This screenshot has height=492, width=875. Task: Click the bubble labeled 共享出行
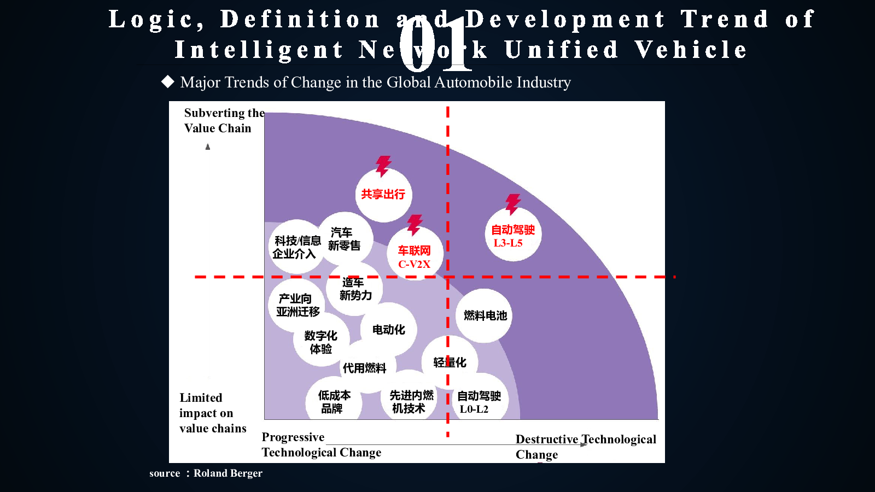383,195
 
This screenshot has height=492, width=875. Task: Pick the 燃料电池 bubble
485,315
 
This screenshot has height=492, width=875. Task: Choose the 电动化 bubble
388,330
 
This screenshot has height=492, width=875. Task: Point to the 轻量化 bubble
450,362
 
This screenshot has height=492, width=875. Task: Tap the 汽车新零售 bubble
345,239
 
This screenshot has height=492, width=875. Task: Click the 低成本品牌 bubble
334,402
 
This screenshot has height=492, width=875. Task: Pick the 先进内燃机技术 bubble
410,402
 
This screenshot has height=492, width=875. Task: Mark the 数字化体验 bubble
320,342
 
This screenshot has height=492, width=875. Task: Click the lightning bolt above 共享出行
383,166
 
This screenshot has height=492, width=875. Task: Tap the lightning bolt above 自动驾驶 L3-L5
513,204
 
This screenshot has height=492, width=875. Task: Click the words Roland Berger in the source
228,473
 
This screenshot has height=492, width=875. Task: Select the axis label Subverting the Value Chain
224,120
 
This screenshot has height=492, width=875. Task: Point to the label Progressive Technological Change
321,444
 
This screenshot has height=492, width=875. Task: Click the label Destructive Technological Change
585,447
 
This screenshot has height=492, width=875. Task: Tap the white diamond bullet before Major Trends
167,82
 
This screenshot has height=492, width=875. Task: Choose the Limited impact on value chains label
213,413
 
